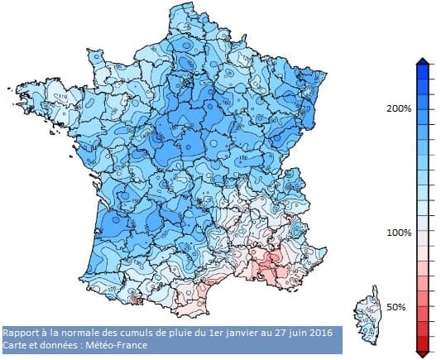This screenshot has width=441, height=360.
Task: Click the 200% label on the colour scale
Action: click(400, 108)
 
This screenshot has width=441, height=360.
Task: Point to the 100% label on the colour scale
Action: click(400, 233)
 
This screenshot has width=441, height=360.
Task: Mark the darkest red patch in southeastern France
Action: click(266, 265)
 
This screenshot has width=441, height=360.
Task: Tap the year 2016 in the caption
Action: click(319, 332)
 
